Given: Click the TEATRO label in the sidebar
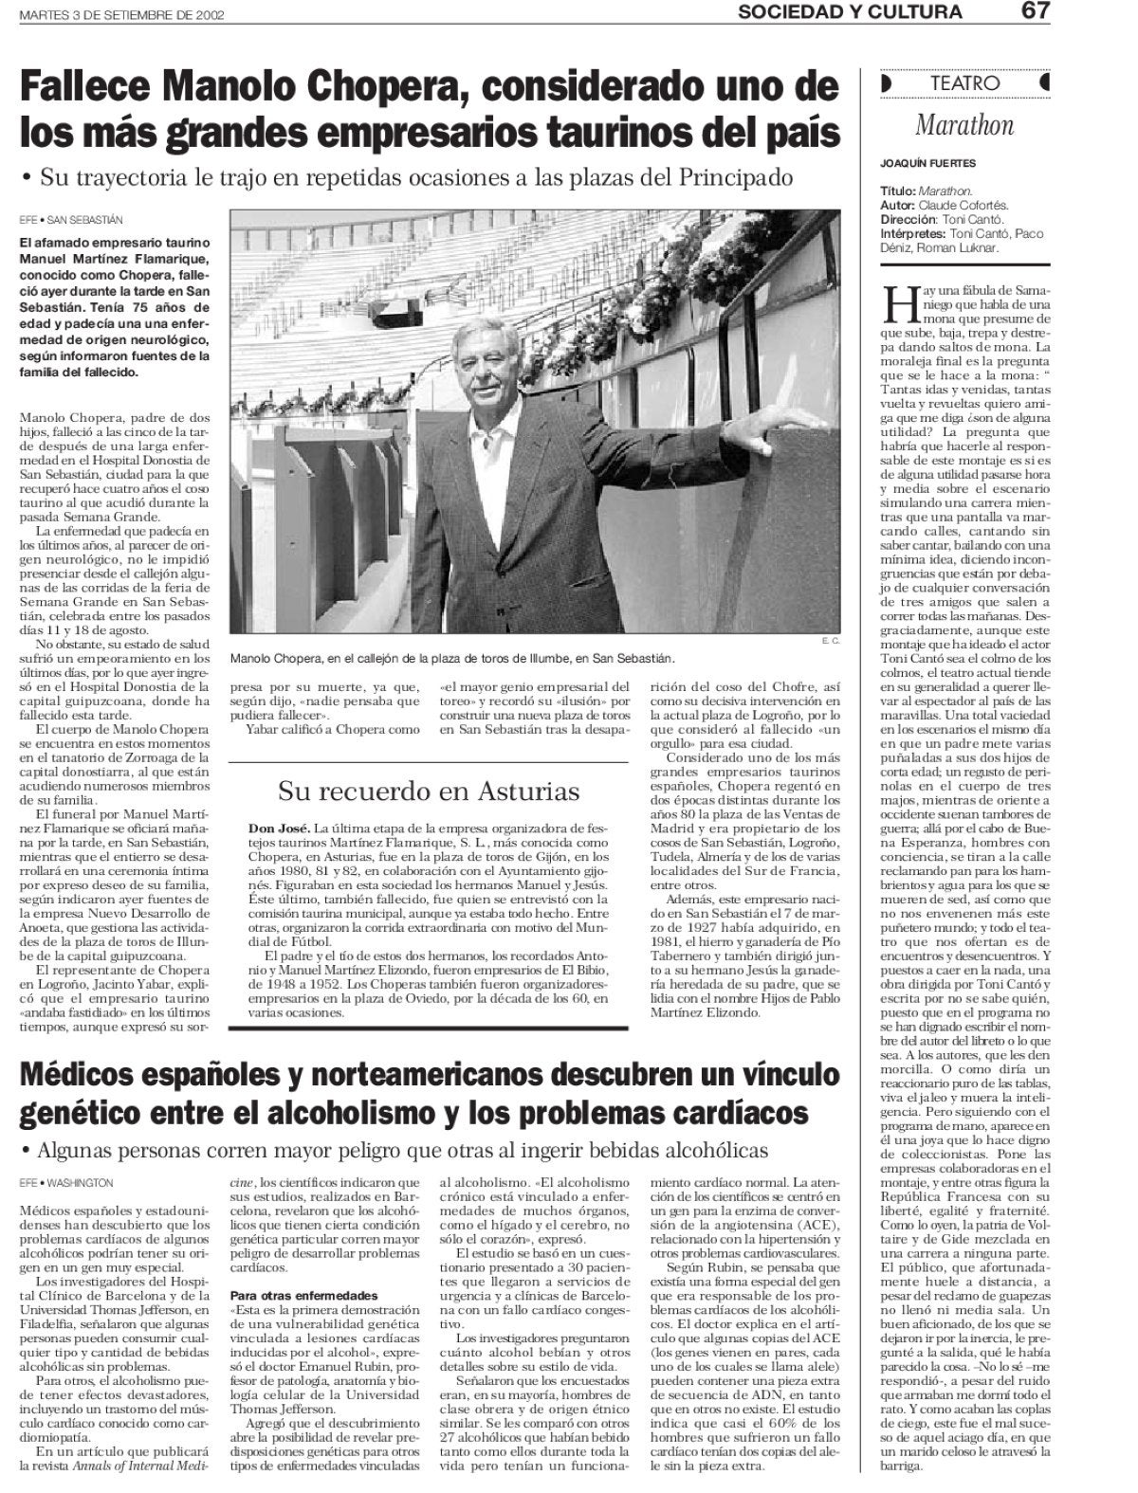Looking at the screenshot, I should click(964, 83).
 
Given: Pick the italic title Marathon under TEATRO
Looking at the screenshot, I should click(964, 124).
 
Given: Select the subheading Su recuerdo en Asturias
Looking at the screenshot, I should click(429, 790).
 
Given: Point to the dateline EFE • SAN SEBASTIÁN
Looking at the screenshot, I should click(71, 219).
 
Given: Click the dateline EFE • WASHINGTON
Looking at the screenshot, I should click(66, 1183).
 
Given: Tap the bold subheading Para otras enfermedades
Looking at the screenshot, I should click(291, 1295).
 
